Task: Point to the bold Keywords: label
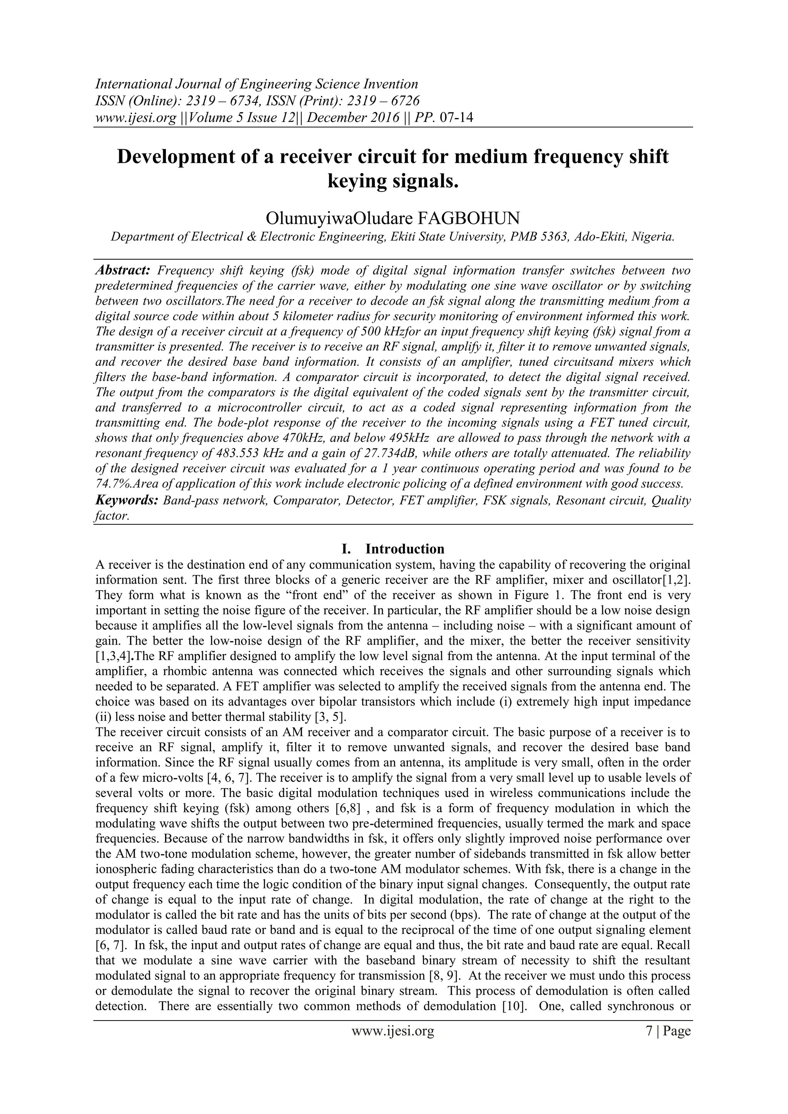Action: (x=127, y=500)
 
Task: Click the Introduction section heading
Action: (x=405, y=549)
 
